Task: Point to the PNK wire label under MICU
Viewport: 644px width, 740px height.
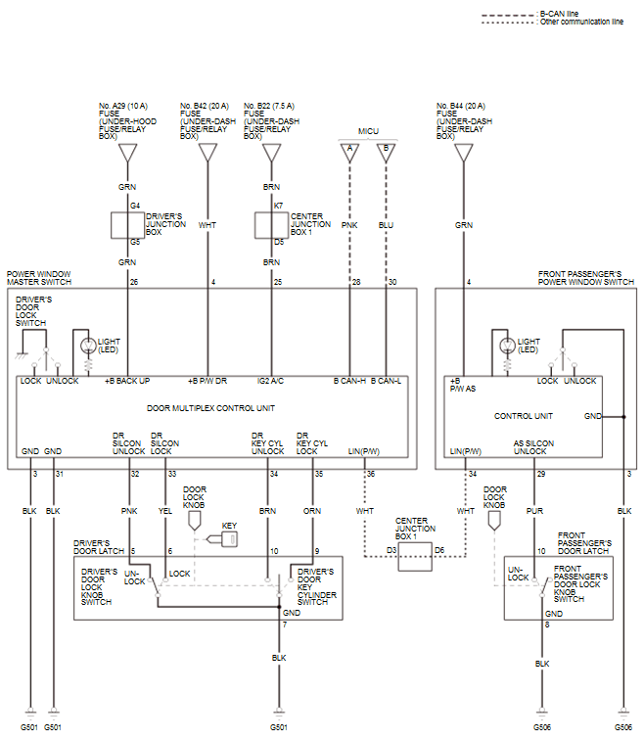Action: point(349,224)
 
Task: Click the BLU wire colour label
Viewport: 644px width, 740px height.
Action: point(386,224)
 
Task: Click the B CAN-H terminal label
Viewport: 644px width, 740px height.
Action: point(349,381)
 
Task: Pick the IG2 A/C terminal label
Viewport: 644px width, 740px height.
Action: point(272,381)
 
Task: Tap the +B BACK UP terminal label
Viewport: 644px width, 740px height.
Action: point(128,381)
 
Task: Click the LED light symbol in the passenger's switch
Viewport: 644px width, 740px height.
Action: point(506,346)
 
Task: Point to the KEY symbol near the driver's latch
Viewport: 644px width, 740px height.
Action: point(229,538)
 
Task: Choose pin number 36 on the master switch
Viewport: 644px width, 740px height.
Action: point(370,475)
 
